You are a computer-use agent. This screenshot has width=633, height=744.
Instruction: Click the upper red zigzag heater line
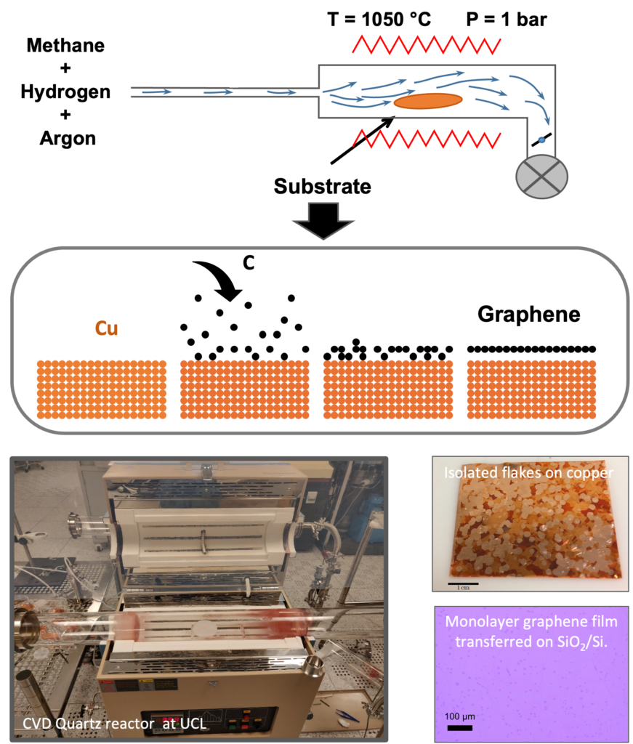click(426, 45)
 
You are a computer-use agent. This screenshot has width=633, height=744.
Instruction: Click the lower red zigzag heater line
click(426, 138)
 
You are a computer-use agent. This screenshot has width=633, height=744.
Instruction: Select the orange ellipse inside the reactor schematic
click(428, 101)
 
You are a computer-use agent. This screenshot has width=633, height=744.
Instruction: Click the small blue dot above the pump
click(541, 139)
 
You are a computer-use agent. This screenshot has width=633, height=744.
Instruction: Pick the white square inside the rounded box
click(164, 280)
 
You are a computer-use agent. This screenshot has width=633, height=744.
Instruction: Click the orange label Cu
click(106, 328)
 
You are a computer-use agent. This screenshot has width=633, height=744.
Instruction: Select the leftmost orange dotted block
click(101, 389)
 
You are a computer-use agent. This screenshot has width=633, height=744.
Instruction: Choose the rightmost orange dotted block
click(531, 389)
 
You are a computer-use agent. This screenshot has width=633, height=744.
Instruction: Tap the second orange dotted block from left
click(244, 389)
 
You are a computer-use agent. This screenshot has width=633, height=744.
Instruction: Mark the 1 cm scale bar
click(462, 583)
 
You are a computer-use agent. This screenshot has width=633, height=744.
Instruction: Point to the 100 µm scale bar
click(459, 726)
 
